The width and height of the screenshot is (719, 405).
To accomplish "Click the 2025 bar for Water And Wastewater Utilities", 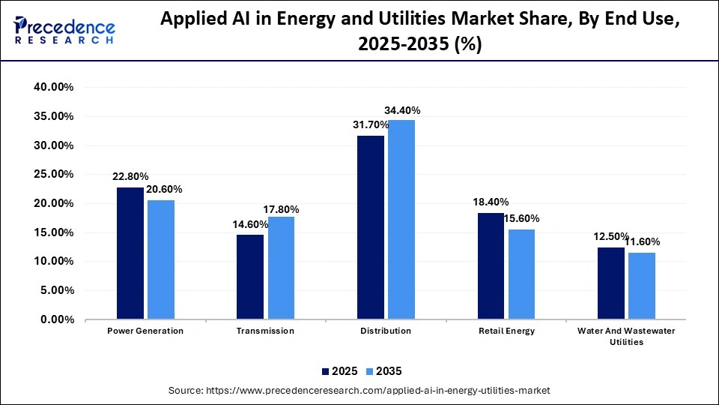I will coord(611,283).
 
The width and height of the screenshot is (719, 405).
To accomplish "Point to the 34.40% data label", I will coord(401,110).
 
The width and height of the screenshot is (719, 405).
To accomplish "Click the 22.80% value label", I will coord(130,178).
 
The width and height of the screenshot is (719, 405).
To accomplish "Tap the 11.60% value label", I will coord(641,242).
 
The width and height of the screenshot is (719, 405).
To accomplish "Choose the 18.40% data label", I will coord(491,202).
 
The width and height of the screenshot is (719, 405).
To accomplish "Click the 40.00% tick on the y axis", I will coord(53,88).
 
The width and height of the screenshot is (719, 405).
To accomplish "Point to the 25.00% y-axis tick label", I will coord(53,175).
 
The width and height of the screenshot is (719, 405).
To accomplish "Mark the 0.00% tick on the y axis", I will coord(55,320).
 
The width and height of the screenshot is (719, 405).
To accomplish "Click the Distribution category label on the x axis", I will coord(386,331).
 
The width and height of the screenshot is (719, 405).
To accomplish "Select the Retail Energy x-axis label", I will coord(506,331).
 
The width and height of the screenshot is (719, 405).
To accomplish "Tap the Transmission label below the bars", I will coord(265,331).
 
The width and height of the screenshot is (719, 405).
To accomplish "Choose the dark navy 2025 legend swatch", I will coord(326,371).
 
